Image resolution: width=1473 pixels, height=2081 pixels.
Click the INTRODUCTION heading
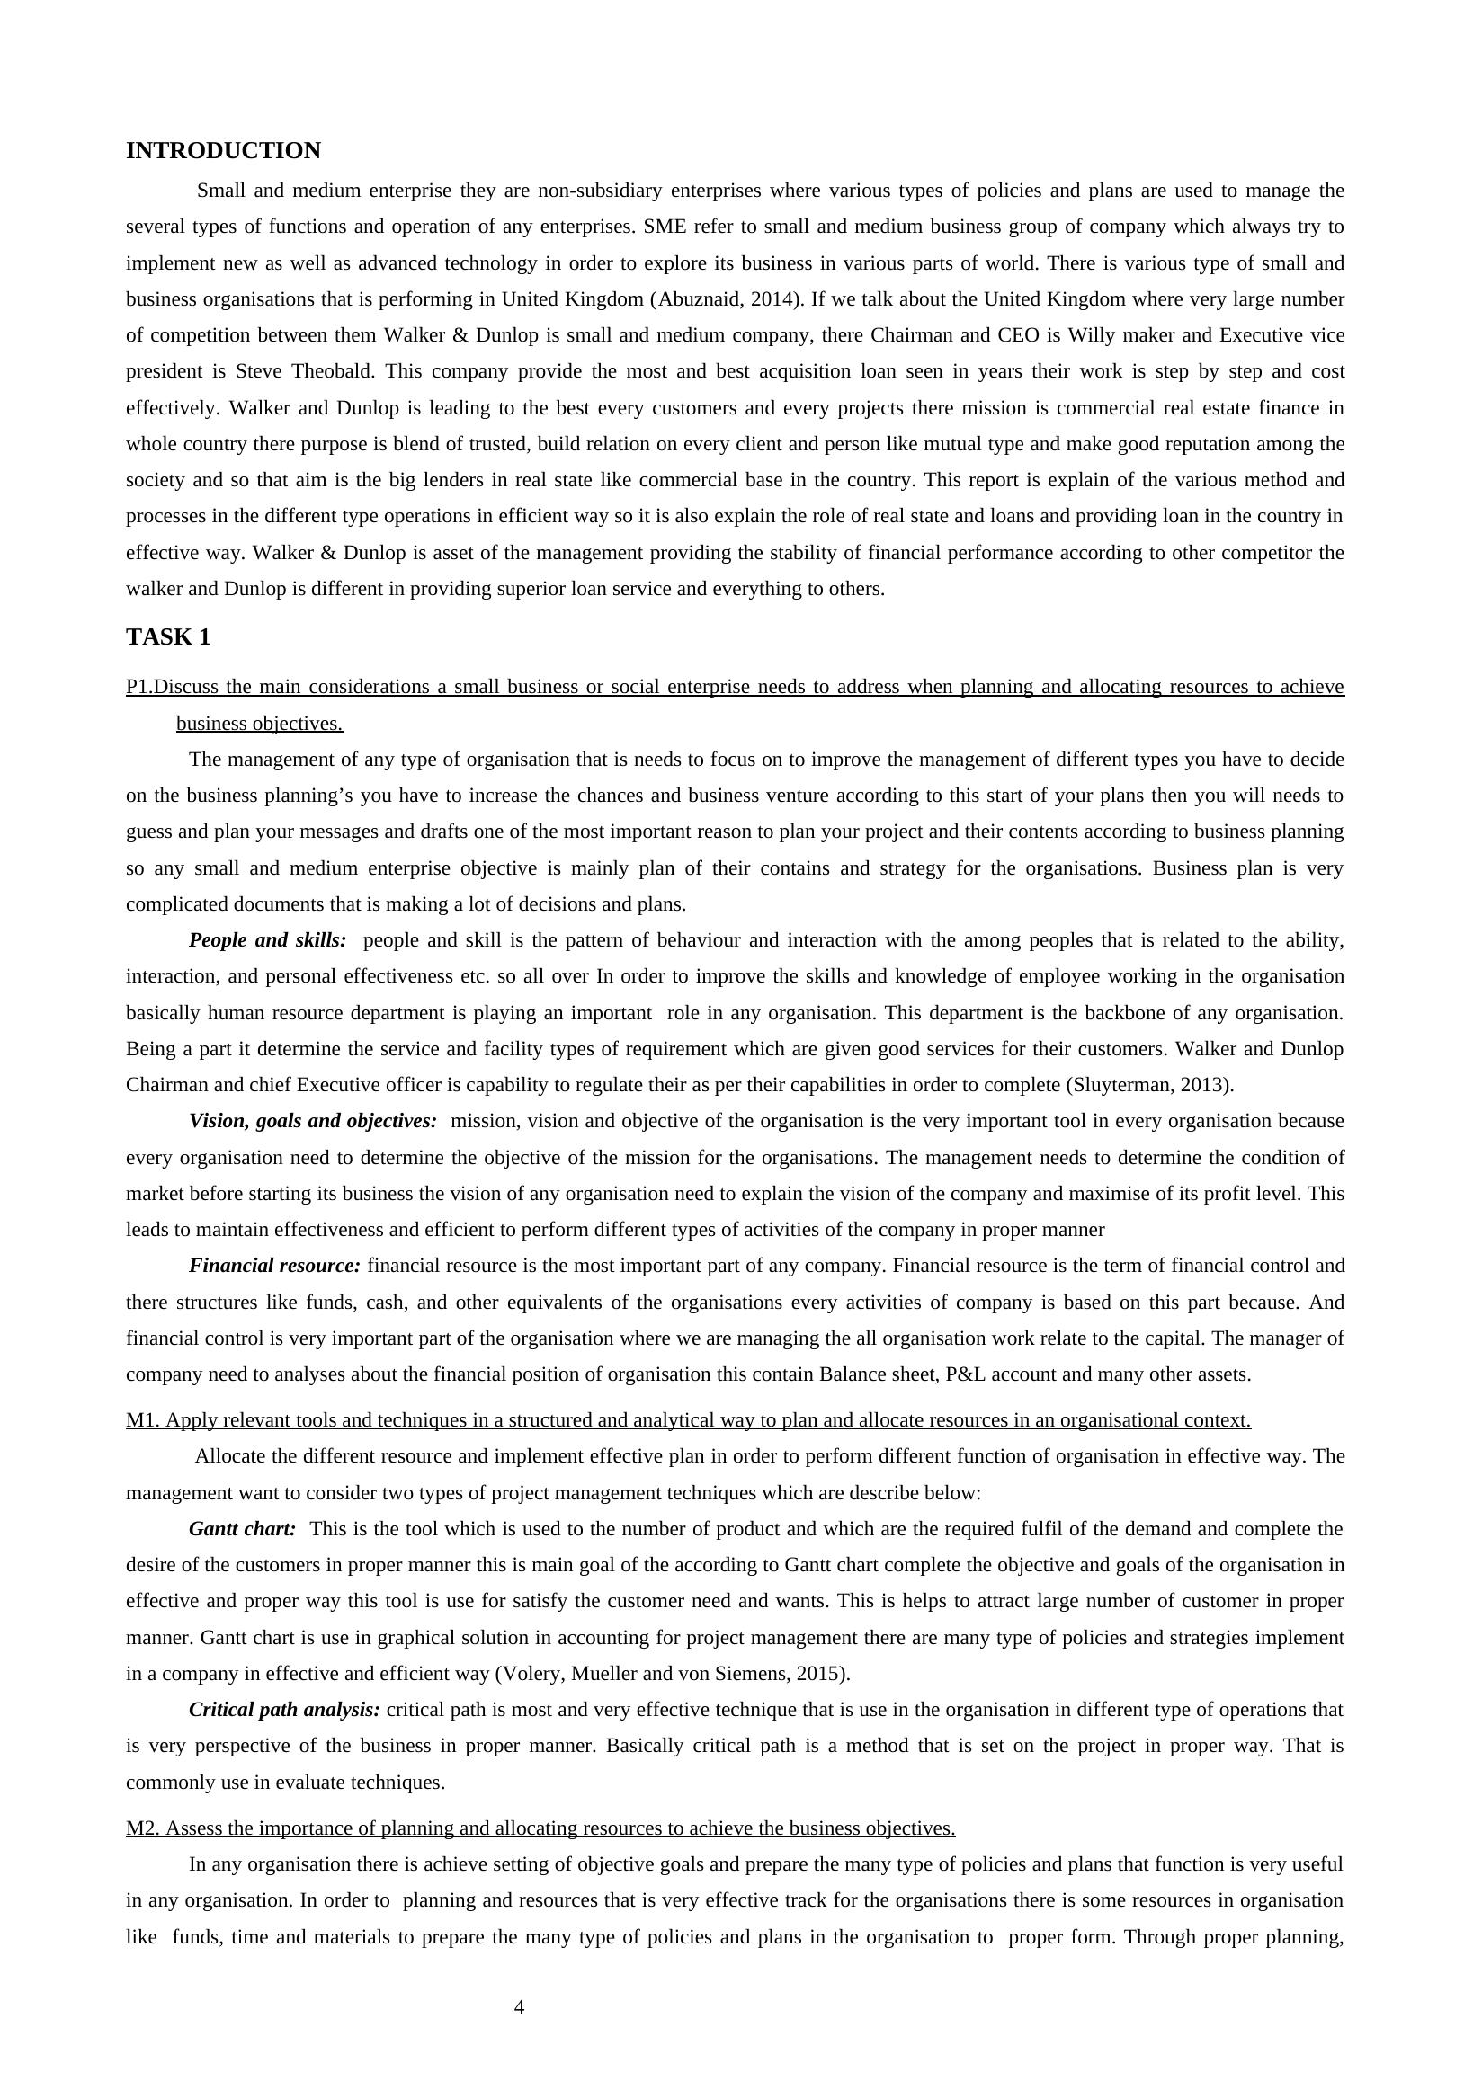pos(223,150)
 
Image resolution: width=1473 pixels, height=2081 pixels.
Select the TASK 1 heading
pos(168,637)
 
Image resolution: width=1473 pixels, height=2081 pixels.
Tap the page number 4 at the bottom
pos(519,2007)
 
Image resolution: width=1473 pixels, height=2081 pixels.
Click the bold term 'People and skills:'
pos(268,940)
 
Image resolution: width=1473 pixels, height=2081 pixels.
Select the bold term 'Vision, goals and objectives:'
pos(313,1121)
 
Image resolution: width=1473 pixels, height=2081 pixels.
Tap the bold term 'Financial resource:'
pos(275,1265)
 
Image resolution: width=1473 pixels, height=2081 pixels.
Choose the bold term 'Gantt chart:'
pos(242,1529)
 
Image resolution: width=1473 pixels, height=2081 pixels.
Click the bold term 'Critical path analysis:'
pos(285,1709)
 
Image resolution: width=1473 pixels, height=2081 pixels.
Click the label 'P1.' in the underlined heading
pos(139,687)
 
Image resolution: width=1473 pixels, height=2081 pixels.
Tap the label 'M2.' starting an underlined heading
pos(143,1828)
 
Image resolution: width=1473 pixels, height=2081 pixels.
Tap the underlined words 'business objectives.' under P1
pos(259,724)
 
